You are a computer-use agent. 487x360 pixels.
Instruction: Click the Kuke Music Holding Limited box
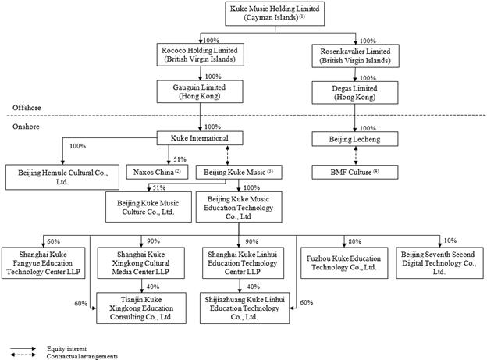coord(275,13)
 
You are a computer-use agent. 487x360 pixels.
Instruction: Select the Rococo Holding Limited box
coord(200,55)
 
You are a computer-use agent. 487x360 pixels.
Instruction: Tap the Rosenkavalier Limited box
coord(355,56)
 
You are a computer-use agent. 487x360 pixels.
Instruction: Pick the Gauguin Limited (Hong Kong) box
coord(200,91)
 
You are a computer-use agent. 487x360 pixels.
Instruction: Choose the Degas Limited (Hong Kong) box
coord(355,93)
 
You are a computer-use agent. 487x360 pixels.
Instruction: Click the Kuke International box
coord(200,138)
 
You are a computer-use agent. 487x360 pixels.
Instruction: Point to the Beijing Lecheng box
coord(355,139)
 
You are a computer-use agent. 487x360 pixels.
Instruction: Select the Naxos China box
coord(157,173)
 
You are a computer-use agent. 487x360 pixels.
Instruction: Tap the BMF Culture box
coord(355,173)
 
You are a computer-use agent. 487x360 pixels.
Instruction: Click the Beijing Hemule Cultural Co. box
coord(62,177)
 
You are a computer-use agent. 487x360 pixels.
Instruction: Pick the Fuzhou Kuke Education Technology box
coord(344,263)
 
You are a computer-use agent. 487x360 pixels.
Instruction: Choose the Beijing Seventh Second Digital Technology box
coord(440,263)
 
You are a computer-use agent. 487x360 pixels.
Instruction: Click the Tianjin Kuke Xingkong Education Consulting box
coord(141,308)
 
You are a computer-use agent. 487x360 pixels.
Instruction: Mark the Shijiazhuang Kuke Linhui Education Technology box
coord(245,308)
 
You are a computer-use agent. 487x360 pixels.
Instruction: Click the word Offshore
coord(27,108)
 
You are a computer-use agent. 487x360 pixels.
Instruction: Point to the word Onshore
coord(26,127)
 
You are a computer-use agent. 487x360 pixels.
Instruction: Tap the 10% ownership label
coord(450,241)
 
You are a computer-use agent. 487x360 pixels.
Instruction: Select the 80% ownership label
coord(354,241)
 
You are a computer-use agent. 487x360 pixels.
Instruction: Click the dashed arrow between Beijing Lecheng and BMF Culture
coord(356,155)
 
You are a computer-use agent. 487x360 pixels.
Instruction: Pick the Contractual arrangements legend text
coord(82,356)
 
